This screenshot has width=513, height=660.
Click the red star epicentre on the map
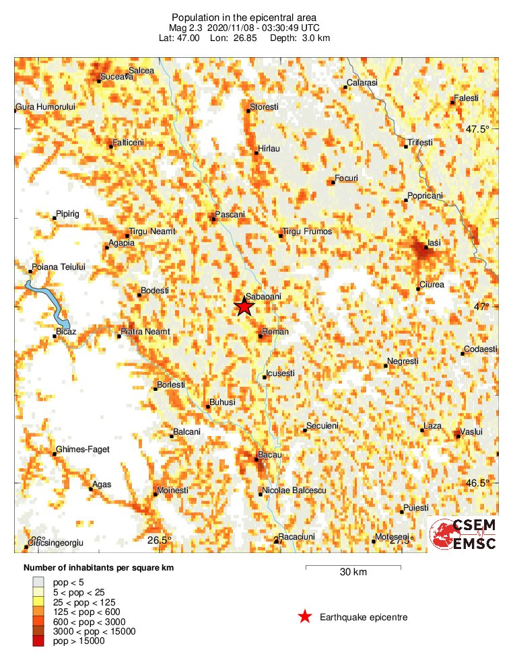pyautogui.click(x=244, y=306)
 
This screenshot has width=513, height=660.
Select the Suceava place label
pyautogui.click(x=116, y=77)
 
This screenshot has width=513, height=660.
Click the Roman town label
pyautogui.click(x=275, y=332)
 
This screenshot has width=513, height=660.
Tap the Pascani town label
pyautogui.click(x=230, y=215)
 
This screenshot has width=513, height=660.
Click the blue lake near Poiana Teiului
pyautogui.click(x=50, y=301)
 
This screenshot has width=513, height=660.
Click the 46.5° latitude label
pyautogui.click(x=480, y=483)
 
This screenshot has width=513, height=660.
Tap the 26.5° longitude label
pyautogui.click(x=160, y=540)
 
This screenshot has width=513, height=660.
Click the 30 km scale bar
pyautogui.click(x=353, y=568)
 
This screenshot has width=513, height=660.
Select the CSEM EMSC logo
pyautogui.click(x=464, y=534)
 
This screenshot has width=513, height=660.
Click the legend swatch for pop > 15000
pyautogui.click(x=38, y=641)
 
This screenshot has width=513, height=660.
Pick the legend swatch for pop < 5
pyautogui.click(x=38, y=581)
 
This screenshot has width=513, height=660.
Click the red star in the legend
pyautogui.click(x=305, y=617)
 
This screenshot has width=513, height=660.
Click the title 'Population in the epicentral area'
pyautogui.click(x=244, y=17)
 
